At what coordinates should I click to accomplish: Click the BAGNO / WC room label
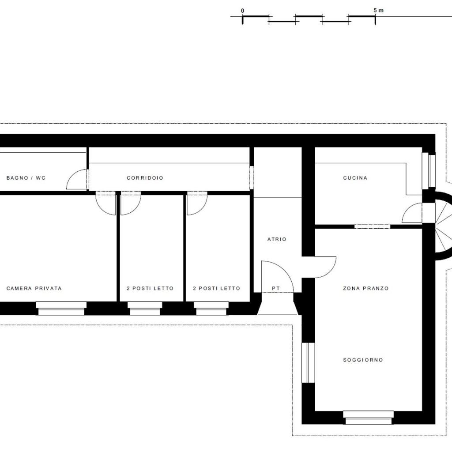click(26, 178)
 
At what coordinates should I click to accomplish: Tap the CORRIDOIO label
click(145, 178)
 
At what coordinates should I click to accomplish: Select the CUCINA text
click(355, 178)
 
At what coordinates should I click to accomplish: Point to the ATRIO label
click(277, 239)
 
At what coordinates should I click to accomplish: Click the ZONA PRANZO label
click(366, 288)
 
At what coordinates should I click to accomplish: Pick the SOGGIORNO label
click(363, 360)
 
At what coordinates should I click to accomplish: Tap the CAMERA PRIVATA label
click(34, 288)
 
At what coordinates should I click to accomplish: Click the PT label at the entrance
click(276, 288)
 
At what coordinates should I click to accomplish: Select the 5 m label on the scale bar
click(378, 11)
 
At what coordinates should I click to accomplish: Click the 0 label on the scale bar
click(242, 11)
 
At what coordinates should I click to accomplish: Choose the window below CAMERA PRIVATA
click(61, 309)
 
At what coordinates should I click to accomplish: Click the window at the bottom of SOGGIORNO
click(369, 418)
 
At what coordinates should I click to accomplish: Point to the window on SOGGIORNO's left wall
click(308, 363)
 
